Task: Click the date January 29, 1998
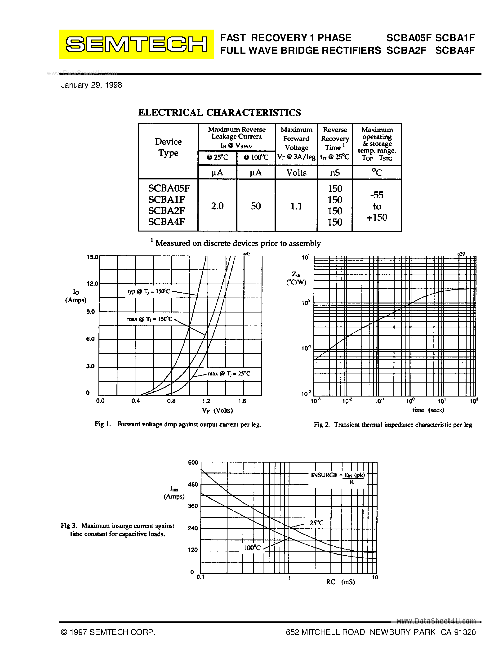click(x=91, y=85)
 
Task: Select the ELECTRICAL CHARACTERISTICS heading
click(x=220, y=113)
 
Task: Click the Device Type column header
click(x=168, y=147)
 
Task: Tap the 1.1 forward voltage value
click(x=296, y=206)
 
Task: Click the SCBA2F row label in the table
click(x=167, y=210)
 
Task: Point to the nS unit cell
click(x=335, y=173)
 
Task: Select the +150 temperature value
click(x=377, y=217)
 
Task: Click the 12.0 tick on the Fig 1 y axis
click(x=92, y=283)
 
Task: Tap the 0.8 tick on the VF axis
click(x=171, y=401)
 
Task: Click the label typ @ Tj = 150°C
click(x=149, y=291)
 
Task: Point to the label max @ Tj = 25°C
click(x=229, y=374)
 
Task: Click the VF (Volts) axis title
click(x=217, y=410)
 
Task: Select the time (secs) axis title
click(x=428, y=410)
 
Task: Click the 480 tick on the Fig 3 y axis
click(x=193, y=484)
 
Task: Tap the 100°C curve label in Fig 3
click(x=252, y=548)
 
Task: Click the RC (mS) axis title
click(x=340, y=582)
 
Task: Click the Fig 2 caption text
click(x=392, y=425)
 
